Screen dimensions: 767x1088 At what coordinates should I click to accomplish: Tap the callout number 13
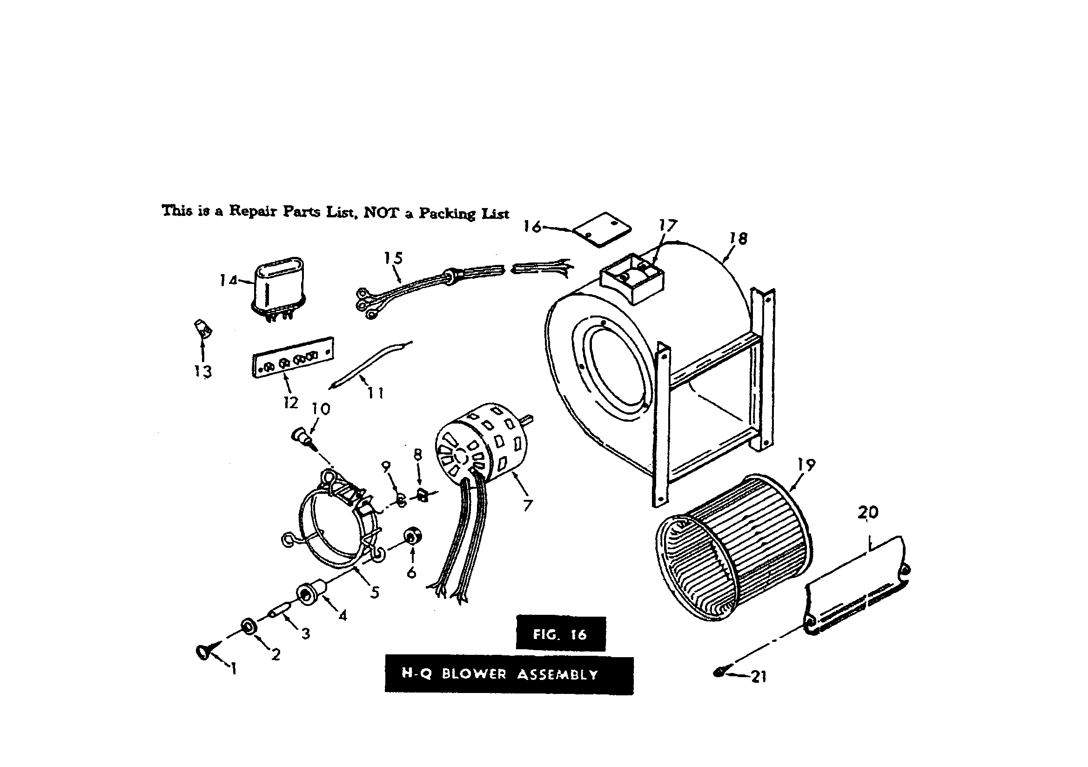pyautogui.click(x=203, y=371)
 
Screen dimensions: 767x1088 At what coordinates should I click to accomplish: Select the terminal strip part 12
pyautogui.click(x=292, y=357)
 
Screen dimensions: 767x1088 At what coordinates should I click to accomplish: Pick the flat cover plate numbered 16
pyautogui.click(x=602, y=229)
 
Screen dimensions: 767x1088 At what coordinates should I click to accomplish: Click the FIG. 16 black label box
pyautogui.click(x=560, y=634)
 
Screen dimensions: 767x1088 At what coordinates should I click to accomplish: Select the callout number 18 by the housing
pyautogui.click(x=738, y=238)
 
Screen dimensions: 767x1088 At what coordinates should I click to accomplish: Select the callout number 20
pyautogui.click(x=868, y=512)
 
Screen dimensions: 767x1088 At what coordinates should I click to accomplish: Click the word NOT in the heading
pyautogui.click(x=382, y=213)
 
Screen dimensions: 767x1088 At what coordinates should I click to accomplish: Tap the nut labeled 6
pyautogui.click(x=410, y=536)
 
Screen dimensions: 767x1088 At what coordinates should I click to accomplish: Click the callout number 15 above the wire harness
pyautogui.click(x=393, y=258)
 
